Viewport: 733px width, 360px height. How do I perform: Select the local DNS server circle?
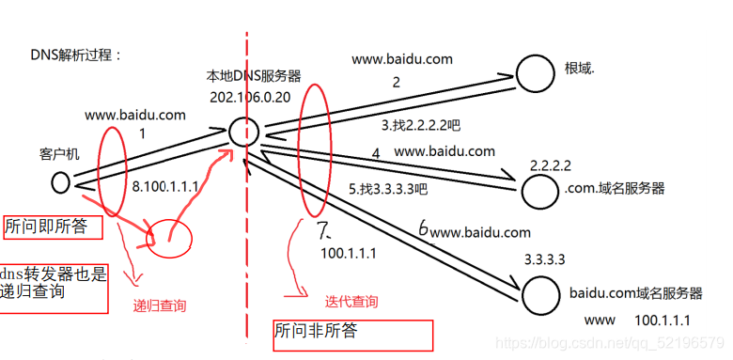point(243,131)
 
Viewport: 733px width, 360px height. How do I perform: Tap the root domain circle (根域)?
point(535,71)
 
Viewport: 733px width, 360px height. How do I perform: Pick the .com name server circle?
point(539,190)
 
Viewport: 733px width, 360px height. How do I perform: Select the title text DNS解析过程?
point(76,55)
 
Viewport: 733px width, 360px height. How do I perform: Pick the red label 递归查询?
point(160,305)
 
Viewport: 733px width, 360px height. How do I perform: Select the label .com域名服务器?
point(615,188)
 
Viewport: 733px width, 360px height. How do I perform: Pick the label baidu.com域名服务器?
point(636,292)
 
